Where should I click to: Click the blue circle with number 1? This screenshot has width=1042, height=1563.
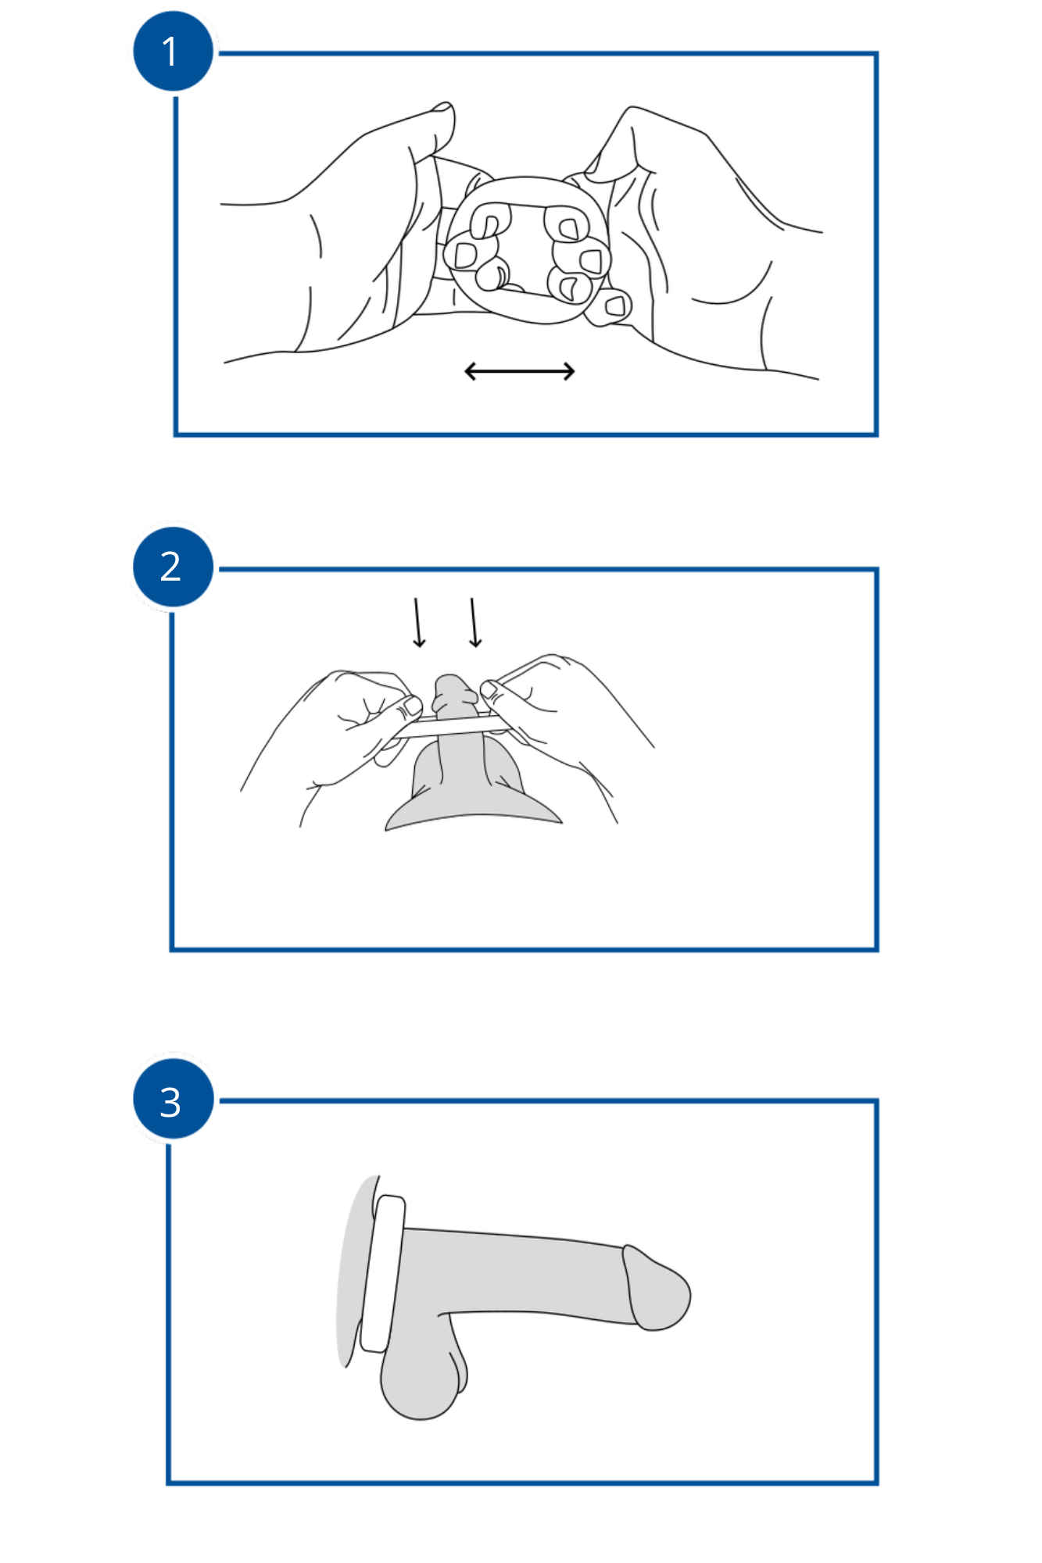point(173,52)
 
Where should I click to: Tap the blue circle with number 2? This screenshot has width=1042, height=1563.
point(173,567)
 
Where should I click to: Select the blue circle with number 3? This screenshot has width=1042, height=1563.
point(173,1099)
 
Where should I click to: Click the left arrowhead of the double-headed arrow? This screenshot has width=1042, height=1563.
point(470,371)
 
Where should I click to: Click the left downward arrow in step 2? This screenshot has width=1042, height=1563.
point(418,623)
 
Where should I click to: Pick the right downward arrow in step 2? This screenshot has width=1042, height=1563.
point(474,623)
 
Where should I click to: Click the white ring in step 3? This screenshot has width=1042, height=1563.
point(382,1273)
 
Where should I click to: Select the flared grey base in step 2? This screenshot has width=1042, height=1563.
point(473,813)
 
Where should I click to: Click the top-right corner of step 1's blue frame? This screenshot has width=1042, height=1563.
point(876,54)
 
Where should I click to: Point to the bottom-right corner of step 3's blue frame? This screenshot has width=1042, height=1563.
point(876,1482)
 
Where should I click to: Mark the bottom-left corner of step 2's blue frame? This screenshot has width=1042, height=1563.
point(172,950)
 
